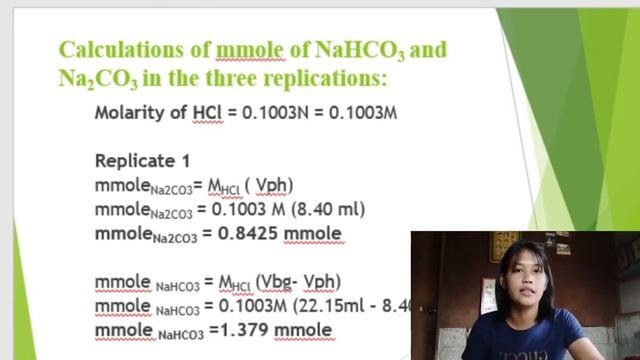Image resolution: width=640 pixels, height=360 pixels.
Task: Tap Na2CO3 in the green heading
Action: [x=94, y=77]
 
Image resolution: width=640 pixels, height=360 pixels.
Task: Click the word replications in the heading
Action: [x=326, y=76]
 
